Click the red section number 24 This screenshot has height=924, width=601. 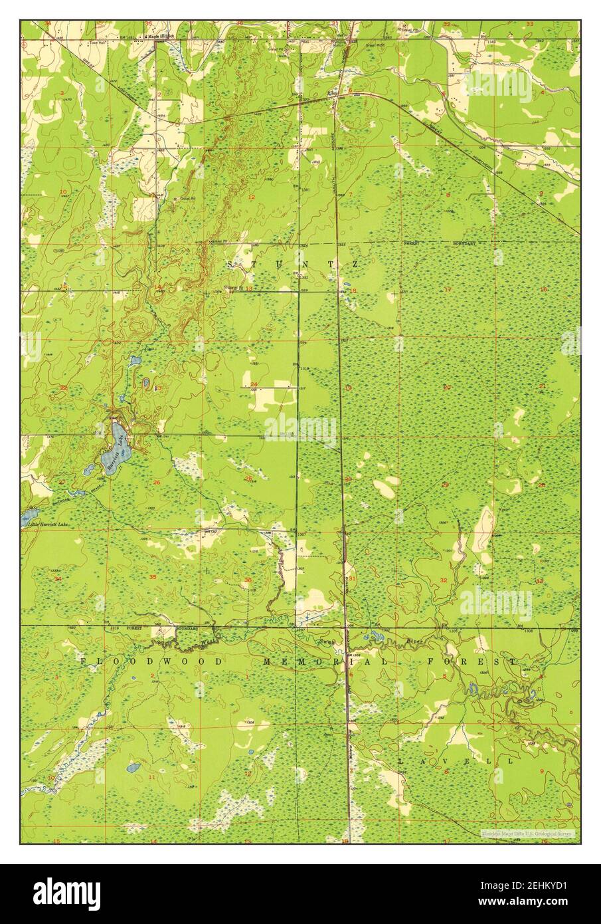coord(254,384)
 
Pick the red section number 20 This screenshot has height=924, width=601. coord(447,387)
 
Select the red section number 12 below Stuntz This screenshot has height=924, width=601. coord(252,197)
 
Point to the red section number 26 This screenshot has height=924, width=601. coord(156,482)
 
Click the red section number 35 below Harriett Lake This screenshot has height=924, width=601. coord(153,577)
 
